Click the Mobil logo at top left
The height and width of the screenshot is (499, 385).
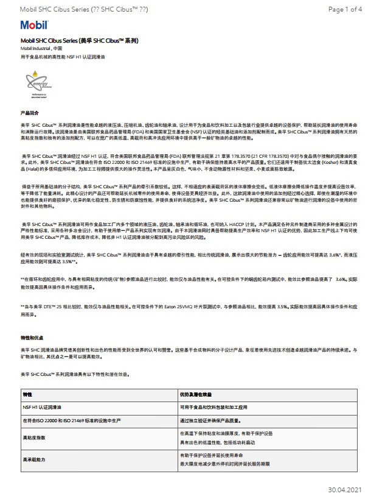(x=33, y=26)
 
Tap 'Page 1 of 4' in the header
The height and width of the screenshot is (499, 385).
(x=345, y=9)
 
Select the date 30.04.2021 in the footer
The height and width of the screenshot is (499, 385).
(x=345, y=489)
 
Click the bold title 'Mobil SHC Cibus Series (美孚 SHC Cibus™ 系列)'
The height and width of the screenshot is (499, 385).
(x=80, y=40)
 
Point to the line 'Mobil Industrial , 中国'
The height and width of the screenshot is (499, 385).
(x=41, y=48)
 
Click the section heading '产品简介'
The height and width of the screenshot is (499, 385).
(x=30, y=113)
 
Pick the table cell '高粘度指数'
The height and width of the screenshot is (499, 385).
(x=34, y=437)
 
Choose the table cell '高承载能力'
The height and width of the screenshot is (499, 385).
(x=34, y=459)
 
